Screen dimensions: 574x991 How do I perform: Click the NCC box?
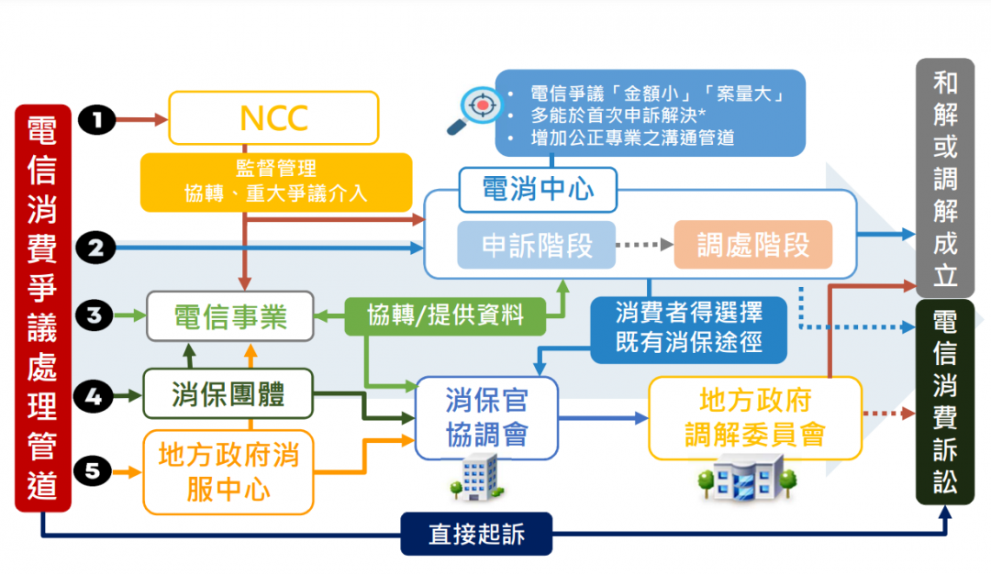(x=273, y=118)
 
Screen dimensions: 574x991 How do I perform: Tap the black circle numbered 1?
(x=97, y=118)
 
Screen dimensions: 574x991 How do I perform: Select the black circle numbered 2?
(x=97, y=247)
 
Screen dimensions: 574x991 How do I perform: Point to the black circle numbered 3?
(x=97, y=316)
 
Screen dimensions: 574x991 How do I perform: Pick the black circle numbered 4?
(x=97, y=397)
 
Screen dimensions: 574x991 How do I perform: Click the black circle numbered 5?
(x=97, y=471)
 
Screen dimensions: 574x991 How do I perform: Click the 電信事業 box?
(x=230, y=317)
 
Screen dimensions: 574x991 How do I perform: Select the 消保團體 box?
(x=228, y=394)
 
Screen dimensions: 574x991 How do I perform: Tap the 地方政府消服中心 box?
(x=228, y=471)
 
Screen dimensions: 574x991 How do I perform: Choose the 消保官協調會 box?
(x=486, y=417)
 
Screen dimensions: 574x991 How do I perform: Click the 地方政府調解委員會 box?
(x=755, y=417)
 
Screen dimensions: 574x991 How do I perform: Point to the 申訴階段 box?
(x=537, y=245)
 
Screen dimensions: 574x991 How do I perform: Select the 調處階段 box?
(x=752, y=245)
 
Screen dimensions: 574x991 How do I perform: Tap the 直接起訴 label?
(x=476, y=534)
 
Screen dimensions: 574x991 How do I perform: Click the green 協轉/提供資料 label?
(x=445, y=315)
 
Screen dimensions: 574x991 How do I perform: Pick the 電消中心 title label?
(x=538, y=189)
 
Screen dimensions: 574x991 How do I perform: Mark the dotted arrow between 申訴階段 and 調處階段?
(x=644, y=245)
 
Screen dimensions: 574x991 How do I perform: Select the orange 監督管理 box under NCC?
(x=275, y=181)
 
